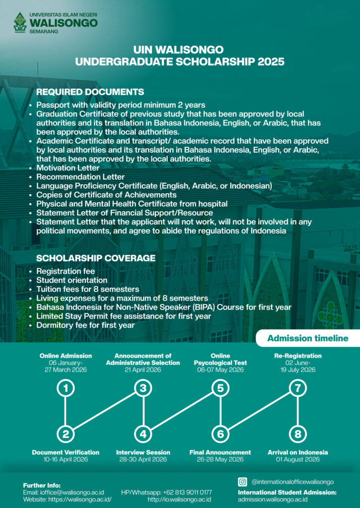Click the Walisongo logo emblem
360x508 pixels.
tap(20, 23)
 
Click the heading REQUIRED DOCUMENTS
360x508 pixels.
tap(90, 92)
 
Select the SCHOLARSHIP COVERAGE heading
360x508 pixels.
tap(96, 258)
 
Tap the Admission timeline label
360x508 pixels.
tap(308, 339)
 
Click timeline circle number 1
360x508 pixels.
tap(66, 388)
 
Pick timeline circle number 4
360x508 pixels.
tap(143, 435)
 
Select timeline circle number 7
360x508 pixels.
tap(298, 388)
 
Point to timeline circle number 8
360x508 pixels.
tap(298, 435)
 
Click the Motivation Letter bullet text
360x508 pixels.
tap(69, 168)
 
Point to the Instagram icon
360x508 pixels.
tap(243, 482)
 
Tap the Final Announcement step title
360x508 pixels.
tap(220, 452)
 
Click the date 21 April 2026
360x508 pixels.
tap(143, 370)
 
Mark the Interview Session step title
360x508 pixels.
tap(143, 452)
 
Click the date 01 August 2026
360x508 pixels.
tap(297, 460)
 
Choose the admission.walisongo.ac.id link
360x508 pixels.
tap(273, 499)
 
